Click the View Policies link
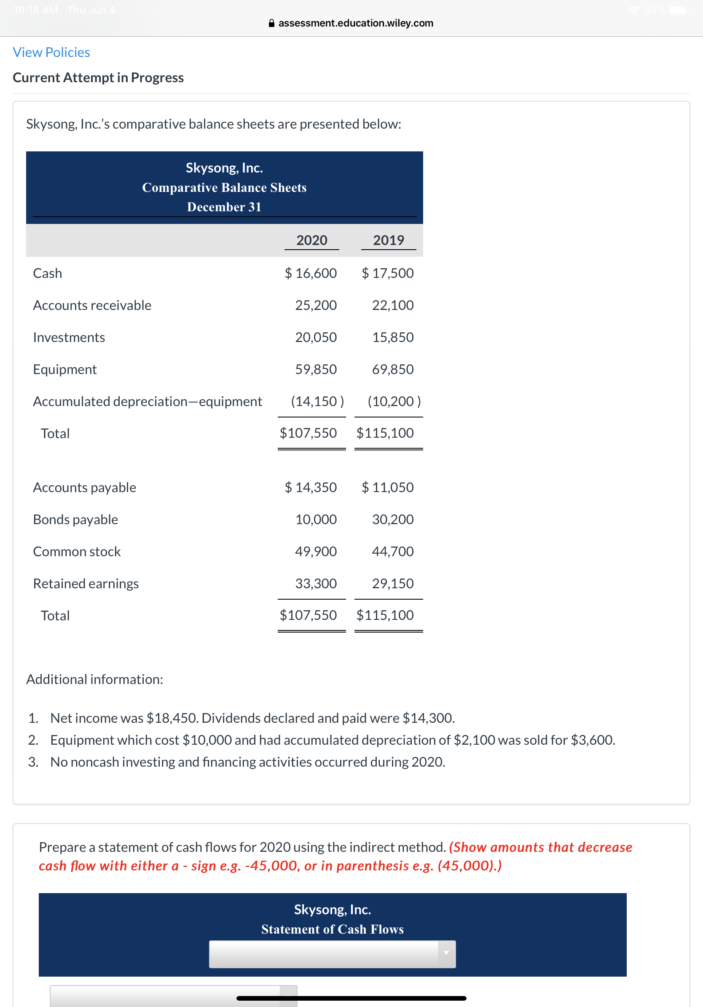click(51, 52)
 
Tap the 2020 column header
click(311, 240)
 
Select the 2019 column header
click(388, 240)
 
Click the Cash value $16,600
click(311, 273)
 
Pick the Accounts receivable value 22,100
click(393, 305)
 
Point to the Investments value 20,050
click(316, 337)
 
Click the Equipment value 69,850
click(393, 369)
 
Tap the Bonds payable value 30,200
click(393, 519)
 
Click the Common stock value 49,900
click(316, 551)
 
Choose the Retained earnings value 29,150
click(393, 583)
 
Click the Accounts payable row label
click(85, 487)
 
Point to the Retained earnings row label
click(86, 583)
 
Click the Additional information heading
click(95, 679)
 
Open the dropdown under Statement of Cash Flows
click(332, 953)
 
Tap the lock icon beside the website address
click(271, 23)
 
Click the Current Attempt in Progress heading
click(98, 78)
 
